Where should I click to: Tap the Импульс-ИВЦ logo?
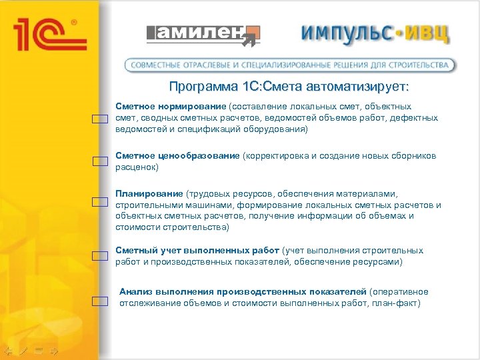[375, 33]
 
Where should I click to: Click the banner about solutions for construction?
[291, 65]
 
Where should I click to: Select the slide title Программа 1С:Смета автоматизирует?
[289, 87]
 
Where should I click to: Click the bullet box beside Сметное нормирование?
[100, 119]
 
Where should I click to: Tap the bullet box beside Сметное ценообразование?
[100, 161]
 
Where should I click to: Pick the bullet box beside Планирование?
[100, 201]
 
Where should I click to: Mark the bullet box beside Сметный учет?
[100, 255]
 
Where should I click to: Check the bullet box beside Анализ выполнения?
[100, 301]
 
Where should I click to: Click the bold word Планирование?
[149, 194]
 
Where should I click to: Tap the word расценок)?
[137, 167]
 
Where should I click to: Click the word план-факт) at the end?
[398, 303]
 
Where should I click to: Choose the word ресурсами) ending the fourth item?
[378, 262]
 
